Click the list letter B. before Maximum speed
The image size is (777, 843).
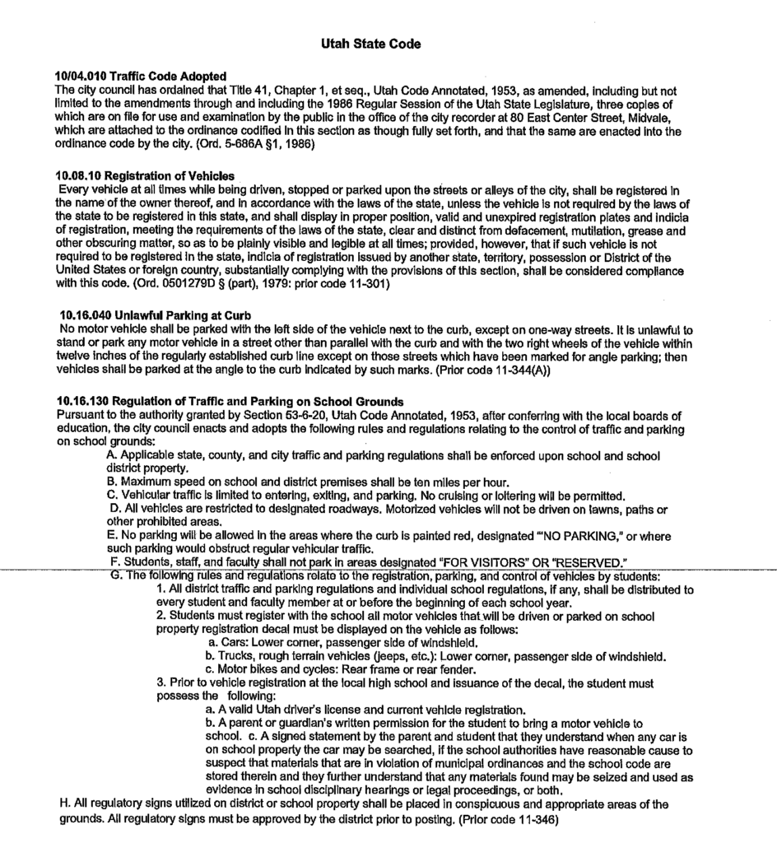click(114, 481)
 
